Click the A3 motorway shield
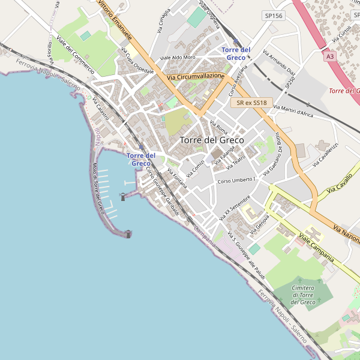pyautogui.click(x=329, y=56)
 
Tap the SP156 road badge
pyautogui.click(x=274, y=16)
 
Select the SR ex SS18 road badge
pyautogui.click(x=251, y=103)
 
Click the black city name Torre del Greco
pyautogui.click(x=212, y=140)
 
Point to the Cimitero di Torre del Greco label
pyautogui.click(x=303, y=295)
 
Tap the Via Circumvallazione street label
pyautogui.click(x=196, y=77)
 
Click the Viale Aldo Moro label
pyautogui.click(x=178, y=58)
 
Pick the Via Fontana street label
pyautogui.click(x=177, y=179)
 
